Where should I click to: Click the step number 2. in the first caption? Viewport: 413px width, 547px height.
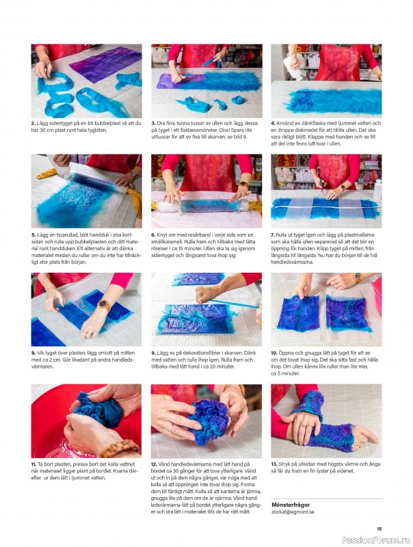33,123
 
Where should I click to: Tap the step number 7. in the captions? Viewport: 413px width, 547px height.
273,235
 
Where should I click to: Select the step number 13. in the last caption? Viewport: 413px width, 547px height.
274,464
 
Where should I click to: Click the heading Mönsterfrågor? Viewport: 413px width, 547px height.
291,505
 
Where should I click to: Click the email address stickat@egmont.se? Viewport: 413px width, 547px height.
293,511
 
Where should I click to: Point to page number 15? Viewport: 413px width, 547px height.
379,529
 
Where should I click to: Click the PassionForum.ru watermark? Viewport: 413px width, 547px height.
375,540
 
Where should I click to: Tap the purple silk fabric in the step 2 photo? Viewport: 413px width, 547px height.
105,64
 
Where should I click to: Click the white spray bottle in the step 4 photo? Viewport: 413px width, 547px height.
292,66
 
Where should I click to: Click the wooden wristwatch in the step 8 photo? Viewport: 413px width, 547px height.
104,305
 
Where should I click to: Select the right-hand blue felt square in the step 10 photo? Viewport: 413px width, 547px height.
347,313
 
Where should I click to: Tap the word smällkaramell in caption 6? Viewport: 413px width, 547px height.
165,242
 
